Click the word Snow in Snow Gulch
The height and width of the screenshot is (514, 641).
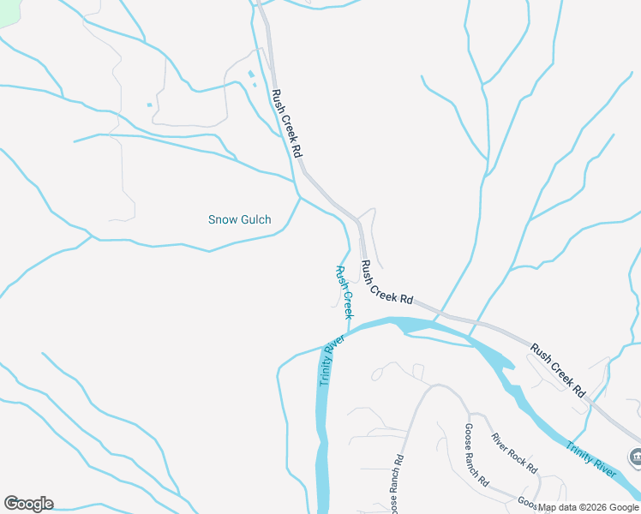point(223,220)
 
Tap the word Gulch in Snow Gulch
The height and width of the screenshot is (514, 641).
point(255,220)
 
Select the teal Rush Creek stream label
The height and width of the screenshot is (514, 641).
point(344,292)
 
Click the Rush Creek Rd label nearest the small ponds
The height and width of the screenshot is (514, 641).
point(286,123)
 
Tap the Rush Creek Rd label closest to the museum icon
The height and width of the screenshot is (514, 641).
point(558,370)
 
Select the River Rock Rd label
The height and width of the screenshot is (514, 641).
point(514,454)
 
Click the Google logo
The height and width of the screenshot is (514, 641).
point(28,504)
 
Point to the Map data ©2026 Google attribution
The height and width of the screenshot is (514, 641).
point(589,507)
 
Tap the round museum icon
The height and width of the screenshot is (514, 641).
point(635,457)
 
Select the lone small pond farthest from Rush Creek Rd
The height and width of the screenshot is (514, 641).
point(149,105)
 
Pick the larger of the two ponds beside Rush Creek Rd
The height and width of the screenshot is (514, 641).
point(250,75)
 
